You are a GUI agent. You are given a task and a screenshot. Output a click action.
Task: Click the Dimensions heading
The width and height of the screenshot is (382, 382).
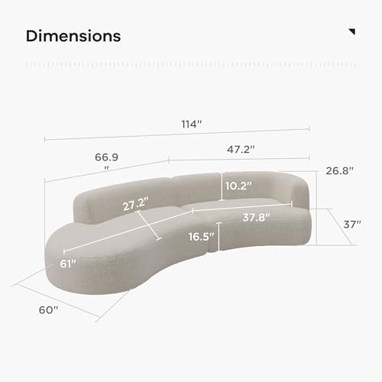point(73,36)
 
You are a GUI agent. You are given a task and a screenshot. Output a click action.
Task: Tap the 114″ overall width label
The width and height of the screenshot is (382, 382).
point(192,125)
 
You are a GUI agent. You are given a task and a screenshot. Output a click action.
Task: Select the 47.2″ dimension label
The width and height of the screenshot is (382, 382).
point(241,149)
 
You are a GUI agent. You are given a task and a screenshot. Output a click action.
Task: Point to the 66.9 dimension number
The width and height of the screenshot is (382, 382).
point(106,157)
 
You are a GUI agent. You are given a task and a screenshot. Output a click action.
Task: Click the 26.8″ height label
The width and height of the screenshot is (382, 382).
point(340,170)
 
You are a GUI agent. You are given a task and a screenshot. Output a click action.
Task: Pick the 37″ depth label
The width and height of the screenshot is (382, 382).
point(352,225)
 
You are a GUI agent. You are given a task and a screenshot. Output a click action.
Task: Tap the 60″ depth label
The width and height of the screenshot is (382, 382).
point(48,310)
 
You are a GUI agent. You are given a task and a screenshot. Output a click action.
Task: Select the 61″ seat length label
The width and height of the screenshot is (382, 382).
point(68,264)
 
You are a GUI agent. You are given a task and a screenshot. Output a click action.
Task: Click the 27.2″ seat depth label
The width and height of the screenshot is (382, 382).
point(135,204)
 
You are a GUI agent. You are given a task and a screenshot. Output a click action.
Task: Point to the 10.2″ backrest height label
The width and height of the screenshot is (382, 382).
point(238,186)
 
